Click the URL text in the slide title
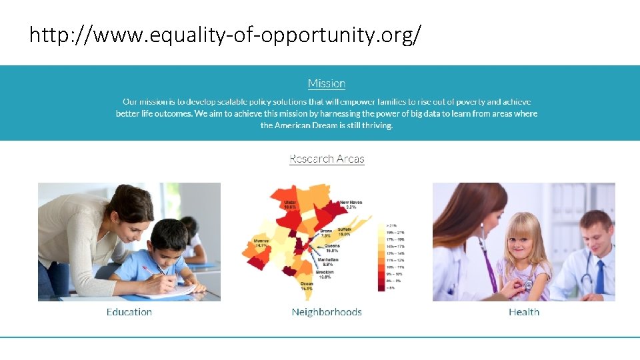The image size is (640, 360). pyautogui.click(x=225, y=36)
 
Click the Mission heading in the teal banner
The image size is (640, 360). pyautogui.click(x=327, y=83)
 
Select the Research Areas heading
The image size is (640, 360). pyautogui.click(x=327, y=159)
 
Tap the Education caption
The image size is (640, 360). pyautogui.click(x=129, y=312)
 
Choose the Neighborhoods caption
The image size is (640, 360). pyautogui.click(x=327, y=312)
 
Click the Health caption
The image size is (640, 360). pyautogui.click(x=524, y=312)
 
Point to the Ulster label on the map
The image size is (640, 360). pyautogui.click(x=290, y=204)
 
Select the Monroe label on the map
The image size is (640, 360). pyautogui.click(x=261, y=242)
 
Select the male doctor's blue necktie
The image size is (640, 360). pyautogui.click(x=599, y=277)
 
